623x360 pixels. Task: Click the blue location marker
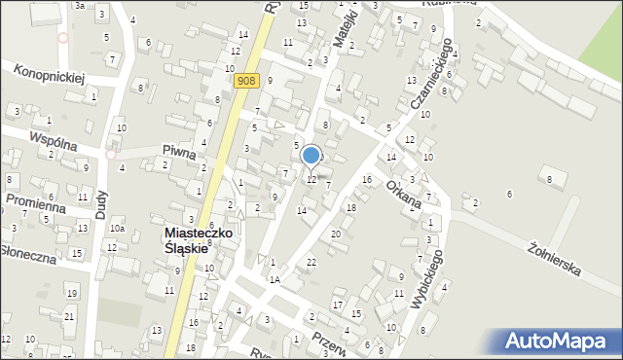coord(311,155)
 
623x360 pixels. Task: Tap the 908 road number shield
coord(247,83)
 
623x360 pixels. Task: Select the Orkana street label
coord(402,193)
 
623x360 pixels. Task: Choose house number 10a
coord(117,228)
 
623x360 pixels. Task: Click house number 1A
coord(275,279)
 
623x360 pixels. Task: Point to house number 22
coord(311,263)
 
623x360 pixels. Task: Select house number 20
coord(336,234)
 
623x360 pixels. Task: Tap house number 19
coord(70,293)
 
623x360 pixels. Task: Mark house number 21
coord(68,316)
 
